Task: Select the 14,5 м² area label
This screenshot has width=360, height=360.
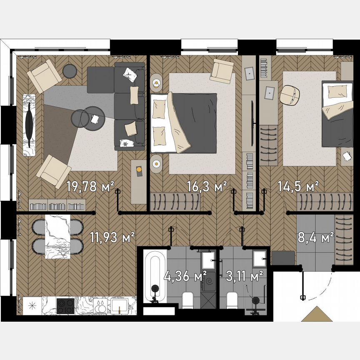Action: (x=298, y=186)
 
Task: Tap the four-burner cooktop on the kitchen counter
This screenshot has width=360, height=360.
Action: (x=65, y=306)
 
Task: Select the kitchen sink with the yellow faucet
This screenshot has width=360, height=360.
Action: (x=122, y=306)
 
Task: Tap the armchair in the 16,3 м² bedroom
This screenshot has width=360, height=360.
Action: (x=222, y=71)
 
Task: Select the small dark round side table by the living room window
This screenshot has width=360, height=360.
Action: (x=70, y=71)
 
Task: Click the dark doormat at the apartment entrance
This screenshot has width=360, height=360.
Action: (x=283, y=257)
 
